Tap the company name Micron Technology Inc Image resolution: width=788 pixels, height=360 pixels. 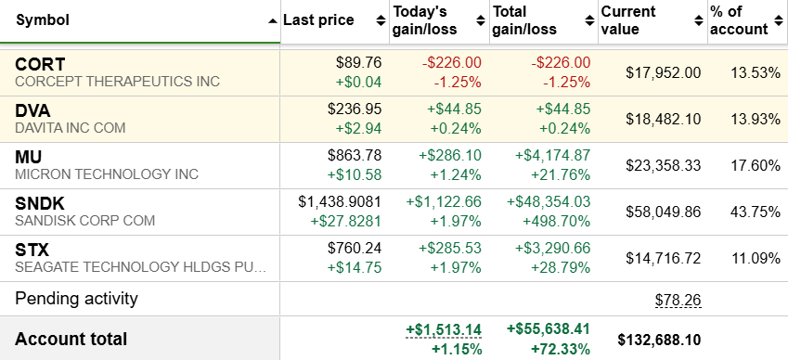pyautogui.click(x=107, y=174)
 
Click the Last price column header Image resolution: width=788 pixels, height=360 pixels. pyautogui.click(x=318, y=20)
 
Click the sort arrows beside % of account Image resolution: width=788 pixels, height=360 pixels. pyautogui.click(x=779, y=21)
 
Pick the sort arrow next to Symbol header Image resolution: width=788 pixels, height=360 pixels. pyautogui.click(x=272, y=21)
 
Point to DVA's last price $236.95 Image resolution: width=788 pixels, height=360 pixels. pyautogui.click(x=355, y=109)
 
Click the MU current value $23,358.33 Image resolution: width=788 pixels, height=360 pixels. pyautogui.click(x=663, y=166)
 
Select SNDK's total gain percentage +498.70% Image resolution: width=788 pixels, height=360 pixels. pyautogui.click(x=556, y=221)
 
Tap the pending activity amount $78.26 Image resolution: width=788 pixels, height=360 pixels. pyautogui.click(x=678, y=300)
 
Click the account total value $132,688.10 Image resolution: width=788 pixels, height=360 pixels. pyautogui.click(x=659, y=340)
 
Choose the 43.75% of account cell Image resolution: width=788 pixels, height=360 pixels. pyautogui.click(x=755, y=212)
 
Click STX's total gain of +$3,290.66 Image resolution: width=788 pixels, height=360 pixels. pyautogui.click(x=552, y=248)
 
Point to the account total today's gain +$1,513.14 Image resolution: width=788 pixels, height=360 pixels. pyautogui.click(x=444, y=329)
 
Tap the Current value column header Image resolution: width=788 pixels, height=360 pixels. pyautogui.click(x=628, y=20)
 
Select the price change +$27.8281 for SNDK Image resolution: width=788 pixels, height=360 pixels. pyautogui.click(x=347, y=221)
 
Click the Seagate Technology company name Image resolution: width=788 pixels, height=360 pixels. pyautogui.click(x=140, y=266)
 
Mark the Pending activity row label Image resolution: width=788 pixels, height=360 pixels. pyautogui.click(x=76, y=299)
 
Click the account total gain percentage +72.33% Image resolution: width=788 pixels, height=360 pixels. pyautogui.click(x=559, y=349)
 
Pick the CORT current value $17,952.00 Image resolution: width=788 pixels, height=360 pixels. pyautogui.click(x=663, y=72)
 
